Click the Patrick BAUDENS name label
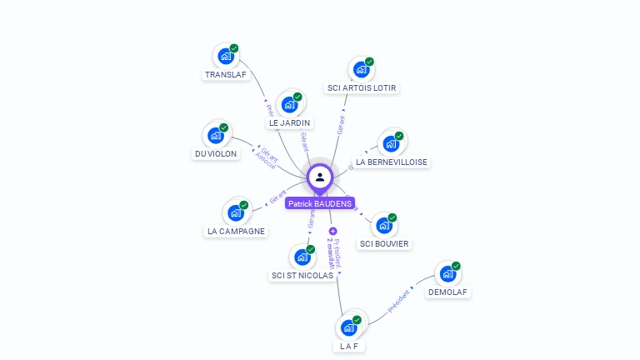click(320, 203)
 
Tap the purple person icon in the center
click(320, 177)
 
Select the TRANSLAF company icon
click(225, 57)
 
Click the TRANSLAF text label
click(226, 75)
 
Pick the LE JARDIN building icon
click(289, 105)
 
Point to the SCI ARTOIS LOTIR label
click(362, 88)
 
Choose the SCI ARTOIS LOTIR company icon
click(362, 69)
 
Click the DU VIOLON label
click(216, 154)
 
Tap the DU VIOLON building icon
click(216, 135)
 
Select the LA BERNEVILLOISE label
click(392, 162)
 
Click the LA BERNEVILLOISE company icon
click(390, 143)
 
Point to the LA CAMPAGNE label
click(236, 232)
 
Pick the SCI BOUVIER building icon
click(383, 225)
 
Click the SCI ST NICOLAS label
click(302, 276)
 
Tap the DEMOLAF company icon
click(447, 273)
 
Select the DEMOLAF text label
click(448, 292)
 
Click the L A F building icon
click(348, 327)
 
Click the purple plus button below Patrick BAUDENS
click(333, 231)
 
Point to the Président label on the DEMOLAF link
click(399, 302)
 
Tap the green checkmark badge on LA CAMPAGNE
click(244, 205)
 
